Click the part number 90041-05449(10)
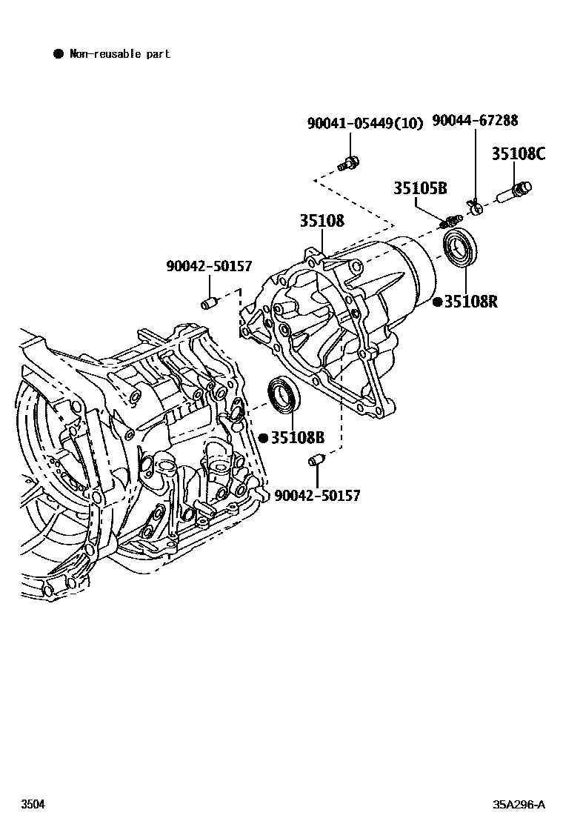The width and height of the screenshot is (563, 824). (364, 123)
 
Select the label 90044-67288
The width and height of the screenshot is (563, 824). (475, 120)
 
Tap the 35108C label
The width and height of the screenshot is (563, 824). (519, 154)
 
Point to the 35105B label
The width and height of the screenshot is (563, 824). (420, 189)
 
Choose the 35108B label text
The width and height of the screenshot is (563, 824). (297, 438)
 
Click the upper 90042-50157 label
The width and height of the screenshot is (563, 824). (209, 266)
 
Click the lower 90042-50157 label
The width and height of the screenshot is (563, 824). (317, 496)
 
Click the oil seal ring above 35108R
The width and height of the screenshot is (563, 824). (460, 248)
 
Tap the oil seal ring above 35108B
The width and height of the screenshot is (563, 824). (284, 395)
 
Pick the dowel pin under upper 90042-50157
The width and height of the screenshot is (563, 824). (208, 303)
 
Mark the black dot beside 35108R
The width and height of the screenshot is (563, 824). (437, 302)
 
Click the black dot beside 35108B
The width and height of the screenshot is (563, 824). (263, 438)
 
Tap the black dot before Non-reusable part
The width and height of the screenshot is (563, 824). (58, 53)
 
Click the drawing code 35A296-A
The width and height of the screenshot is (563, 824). (519, 805)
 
